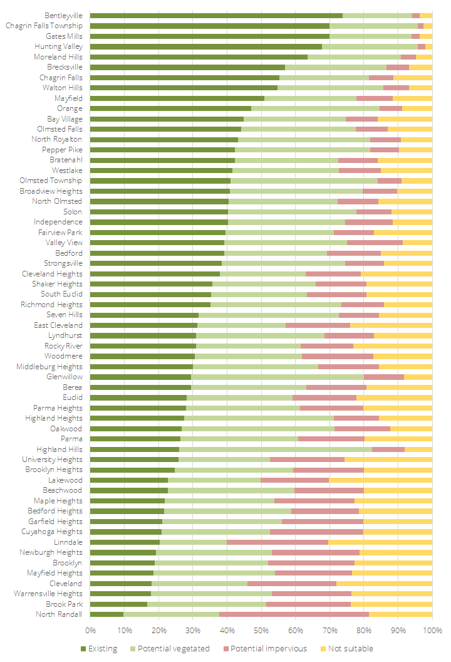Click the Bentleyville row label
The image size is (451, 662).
click(x=63, y=16)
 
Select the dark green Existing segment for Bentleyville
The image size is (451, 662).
click(x=216, y=16)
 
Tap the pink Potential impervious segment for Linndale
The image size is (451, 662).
click(x=277, y=542)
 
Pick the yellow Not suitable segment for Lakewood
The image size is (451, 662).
click(x=380, y=480)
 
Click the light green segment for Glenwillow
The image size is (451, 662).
click(x=277, y=377)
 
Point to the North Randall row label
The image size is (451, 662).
click(x=58, y=614)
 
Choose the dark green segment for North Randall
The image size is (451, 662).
click(x=106, y=614)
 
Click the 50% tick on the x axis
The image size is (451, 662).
click(x=261, y=629)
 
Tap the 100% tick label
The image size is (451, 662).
click(x=432, y=629)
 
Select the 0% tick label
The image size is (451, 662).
click(x=90, y=629)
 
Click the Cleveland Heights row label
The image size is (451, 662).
click(x=52, y=274)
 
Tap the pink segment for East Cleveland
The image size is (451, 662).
click(x=318, y=325)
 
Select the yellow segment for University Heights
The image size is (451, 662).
click(x=388, y=460)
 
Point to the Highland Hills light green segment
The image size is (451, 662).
click(x=276, y=449)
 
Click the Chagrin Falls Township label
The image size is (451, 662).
click(x=44, y=26)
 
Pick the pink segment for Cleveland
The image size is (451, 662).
click(x=292, y=584)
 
